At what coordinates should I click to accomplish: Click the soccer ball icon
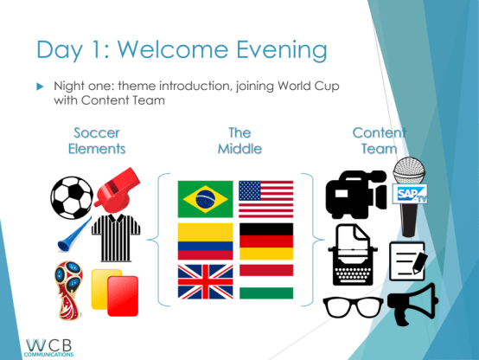tap(71, 197)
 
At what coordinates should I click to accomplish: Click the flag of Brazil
tap(205, 199)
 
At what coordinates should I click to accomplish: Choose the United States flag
tap(265, 199)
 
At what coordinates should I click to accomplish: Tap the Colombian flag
tap(205, 241)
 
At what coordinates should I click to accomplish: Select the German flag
tap(265, 241)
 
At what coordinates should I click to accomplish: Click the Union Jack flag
tap(205, 282)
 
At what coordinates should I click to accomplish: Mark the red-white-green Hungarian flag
tap(265, 282)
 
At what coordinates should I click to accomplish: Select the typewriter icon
tap(354, 254)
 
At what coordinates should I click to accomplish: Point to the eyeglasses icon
tap(352, 307)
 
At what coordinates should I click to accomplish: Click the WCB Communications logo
tap(50, 346)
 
